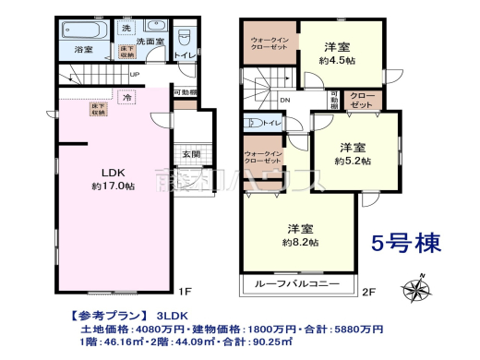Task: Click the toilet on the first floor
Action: point(186,39)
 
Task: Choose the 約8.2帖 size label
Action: point(302,242)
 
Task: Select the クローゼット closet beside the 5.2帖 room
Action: point(361,101)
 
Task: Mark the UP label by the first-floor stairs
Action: point(135,75)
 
